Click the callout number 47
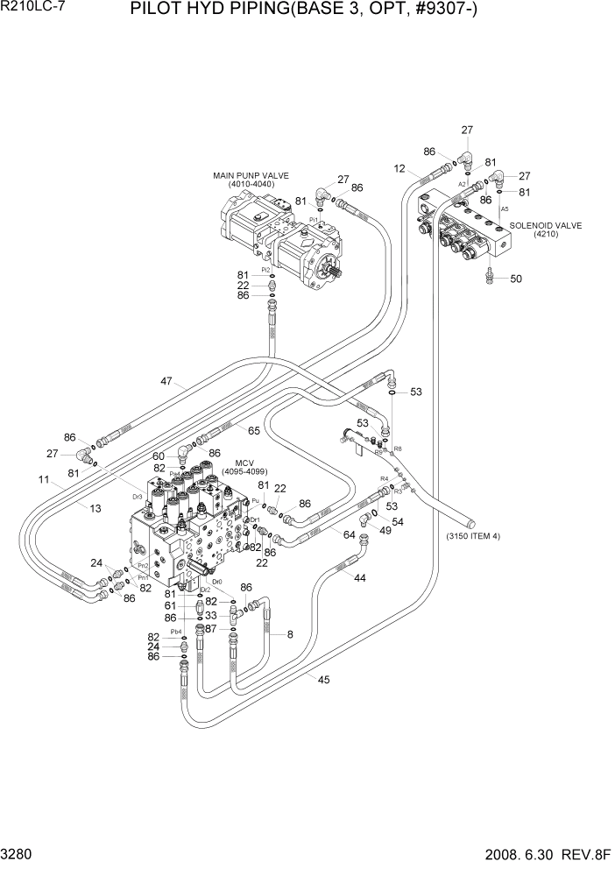pyautogui.click(x=167, y=381)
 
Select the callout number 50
pyautogui.click(x=515, y=279)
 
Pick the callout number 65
pyautogui.click(x=253, y=431)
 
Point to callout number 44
pyautogui.click(x=359, y=577)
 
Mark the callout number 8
pyautogui.click(x=290, y=633)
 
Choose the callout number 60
pyautogui.click(x=159, y=456)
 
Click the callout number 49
pyautogui.click(x=385, y=530)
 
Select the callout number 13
pyautogui.click(x=71, y=508)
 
